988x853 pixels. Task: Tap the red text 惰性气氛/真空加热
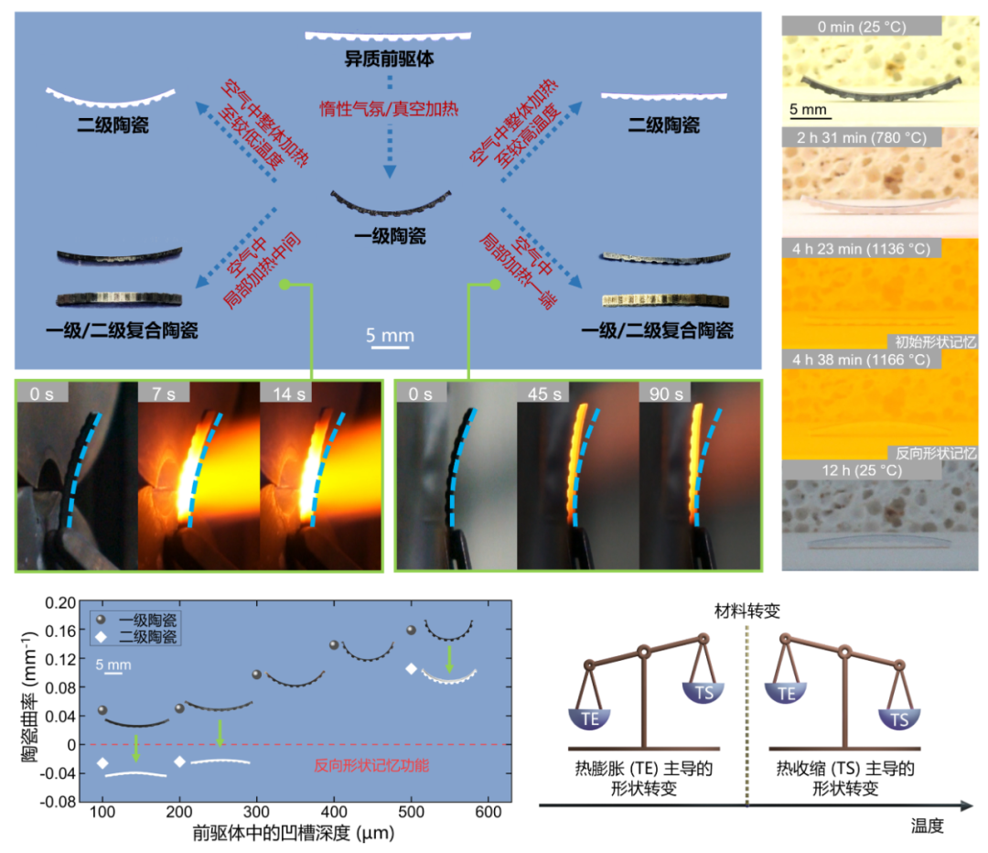tap(389, 107)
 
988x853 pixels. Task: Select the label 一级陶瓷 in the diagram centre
tap(391, 238)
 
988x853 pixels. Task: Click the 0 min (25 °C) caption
tap(862, 27)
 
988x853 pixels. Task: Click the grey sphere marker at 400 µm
tap(335, 645)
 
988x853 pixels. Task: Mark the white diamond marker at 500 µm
tap(413, 668)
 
